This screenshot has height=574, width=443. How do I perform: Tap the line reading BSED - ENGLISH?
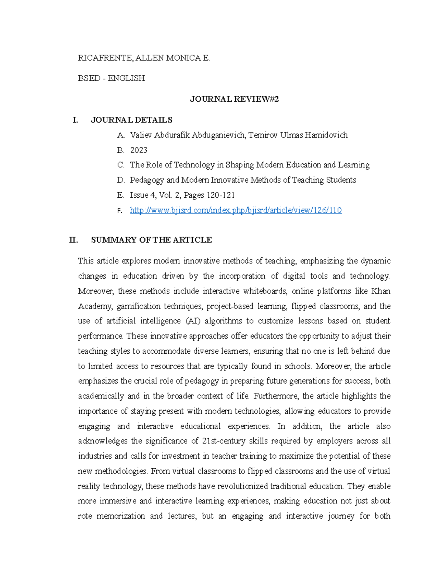pos(111,78)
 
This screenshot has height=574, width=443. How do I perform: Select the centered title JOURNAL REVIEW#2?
pos(234,99)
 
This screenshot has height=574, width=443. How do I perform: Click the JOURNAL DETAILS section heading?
pos(131,120)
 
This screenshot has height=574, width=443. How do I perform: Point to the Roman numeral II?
pos(74,240)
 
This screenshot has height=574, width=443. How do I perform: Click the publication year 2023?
pos(138,150)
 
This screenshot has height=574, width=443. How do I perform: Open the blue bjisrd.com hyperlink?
pos(236,210)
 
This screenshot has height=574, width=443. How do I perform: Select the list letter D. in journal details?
pos(121,180)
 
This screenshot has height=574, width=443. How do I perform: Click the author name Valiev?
pos(141,135)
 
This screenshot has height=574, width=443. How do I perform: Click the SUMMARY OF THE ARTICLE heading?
pos(151,240)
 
